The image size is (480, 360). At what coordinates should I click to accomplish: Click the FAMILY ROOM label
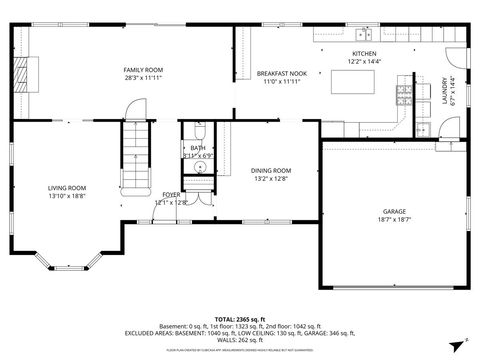click(143, 69)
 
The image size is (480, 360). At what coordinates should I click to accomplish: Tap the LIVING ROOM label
click(67, 188)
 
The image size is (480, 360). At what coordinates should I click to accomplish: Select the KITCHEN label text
click(363, 54)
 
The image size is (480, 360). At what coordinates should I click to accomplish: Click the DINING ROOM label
click(270, 171)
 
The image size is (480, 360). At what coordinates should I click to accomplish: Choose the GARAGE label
click(394, 212)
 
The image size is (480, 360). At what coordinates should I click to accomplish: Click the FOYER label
click(171, 195)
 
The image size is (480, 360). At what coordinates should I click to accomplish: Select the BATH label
click(197, 147)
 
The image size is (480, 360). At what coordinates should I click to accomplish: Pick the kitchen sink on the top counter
click(363, 35)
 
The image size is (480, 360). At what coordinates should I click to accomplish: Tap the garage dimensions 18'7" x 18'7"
click(394, 220)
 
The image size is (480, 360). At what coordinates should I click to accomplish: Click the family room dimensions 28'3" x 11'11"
click(143, 78)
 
